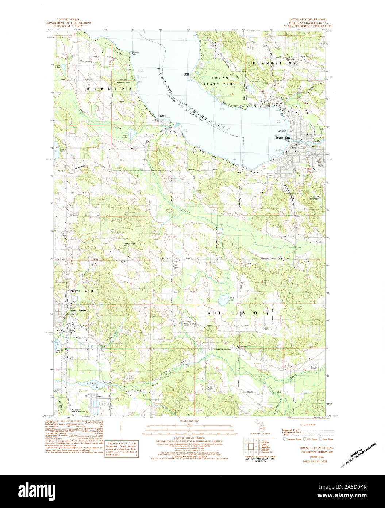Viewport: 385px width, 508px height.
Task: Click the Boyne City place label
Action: click(x=282, y=138)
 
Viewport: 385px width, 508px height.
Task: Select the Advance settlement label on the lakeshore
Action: click(x=162, y=116)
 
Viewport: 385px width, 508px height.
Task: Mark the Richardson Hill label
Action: click(x=130, y=244)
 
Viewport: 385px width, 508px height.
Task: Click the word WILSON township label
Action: click(x=238, y=313)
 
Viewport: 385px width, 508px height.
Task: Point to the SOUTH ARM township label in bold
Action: click(x=80, y=291)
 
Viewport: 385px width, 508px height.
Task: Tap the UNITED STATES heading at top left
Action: click(x=68, y=19)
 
